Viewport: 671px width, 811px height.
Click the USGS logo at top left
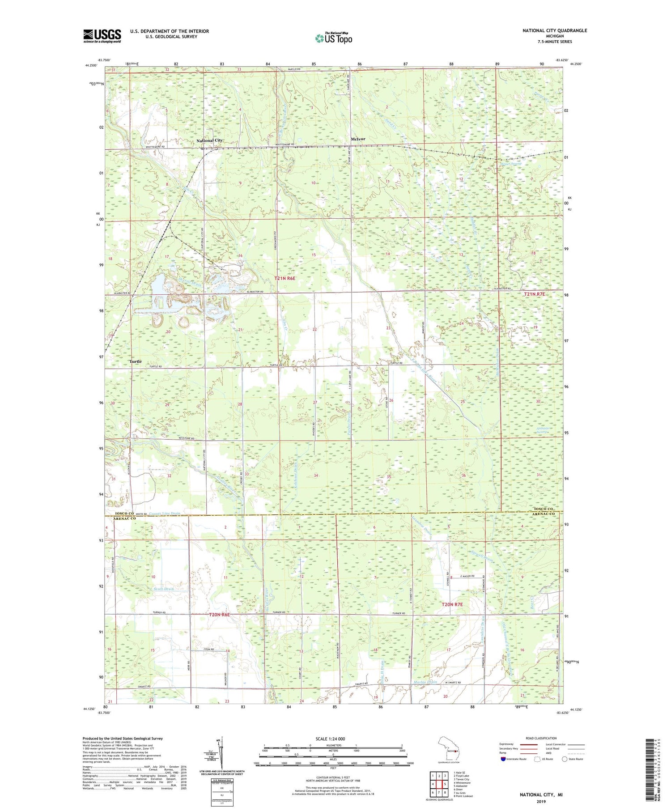102,36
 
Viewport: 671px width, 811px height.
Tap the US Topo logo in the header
333,38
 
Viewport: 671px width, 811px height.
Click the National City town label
209,140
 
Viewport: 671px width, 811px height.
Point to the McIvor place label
358,139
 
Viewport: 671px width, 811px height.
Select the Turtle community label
136,361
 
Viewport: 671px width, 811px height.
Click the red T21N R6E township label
285,278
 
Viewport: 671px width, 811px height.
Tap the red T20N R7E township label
452,604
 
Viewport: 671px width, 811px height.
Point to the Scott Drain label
163,589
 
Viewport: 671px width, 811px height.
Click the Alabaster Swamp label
544,430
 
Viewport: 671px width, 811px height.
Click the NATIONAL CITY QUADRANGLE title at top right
554,30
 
